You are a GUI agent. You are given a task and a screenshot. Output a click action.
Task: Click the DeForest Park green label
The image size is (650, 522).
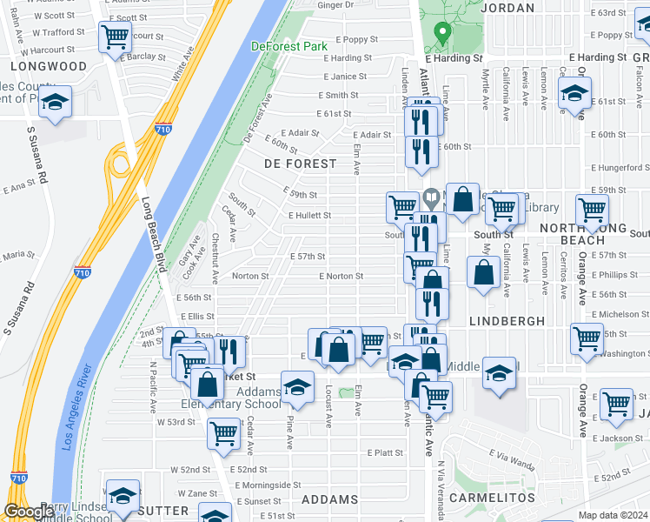point(284,46)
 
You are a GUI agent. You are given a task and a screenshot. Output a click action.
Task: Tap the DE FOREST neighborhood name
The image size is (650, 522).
point(300,164)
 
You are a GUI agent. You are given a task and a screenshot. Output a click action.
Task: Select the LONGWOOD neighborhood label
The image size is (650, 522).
point(50,66)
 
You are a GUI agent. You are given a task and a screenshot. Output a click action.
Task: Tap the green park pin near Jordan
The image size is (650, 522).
point(441,34)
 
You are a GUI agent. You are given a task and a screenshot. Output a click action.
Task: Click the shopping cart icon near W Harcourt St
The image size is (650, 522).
point(115,37)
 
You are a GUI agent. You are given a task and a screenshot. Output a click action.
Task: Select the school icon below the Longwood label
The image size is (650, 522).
point(55,103)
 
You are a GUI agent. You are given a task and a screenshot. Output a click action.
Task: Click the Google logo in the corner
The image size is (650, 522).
point(28,512)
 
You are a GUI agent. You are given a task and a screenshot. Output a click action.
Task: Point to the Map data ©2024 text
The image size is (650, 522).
point(613,515)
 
